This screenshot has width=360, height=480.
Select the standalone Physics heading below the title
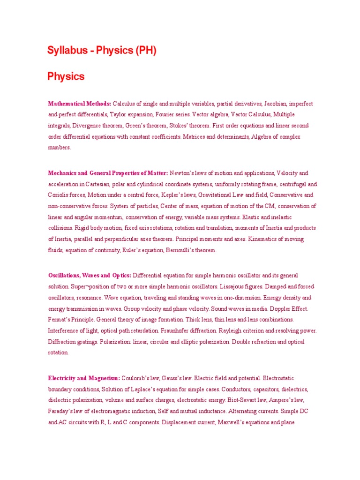pyautogui.click(x=66, y=76)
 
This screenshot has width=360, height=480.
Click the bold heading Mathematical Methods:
pyautogui.click(x=80, y=104)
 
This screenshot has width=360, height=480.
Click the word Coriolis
pyautogui.click(x=59, y=195)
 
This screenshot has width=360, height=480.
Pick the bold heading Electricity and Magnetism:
pyautogui.click(x=84, y=378)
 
